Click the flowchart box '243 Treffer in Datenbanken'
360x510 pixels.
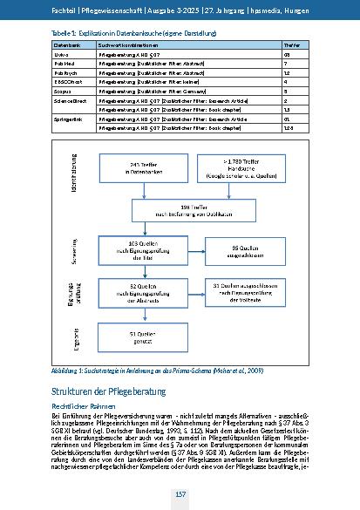point(139,171)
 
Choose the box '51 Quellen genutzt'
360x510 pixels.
point(139,336)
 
